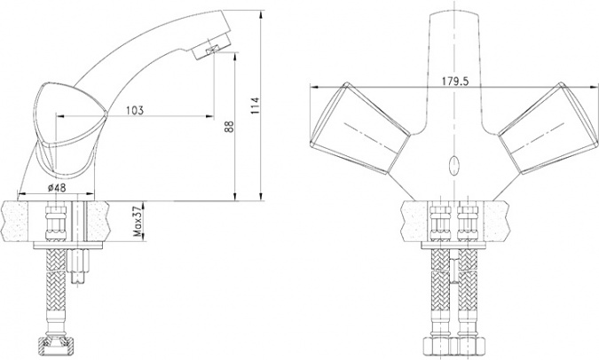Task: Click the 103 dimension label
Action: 135,110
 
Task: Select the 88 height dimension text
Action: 229,126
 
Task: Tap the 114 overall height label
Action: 255,106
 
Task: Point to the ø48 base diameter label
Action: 57,188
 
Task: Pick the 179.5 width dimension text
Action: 455,82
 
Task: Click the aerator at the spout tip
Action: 211,45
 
